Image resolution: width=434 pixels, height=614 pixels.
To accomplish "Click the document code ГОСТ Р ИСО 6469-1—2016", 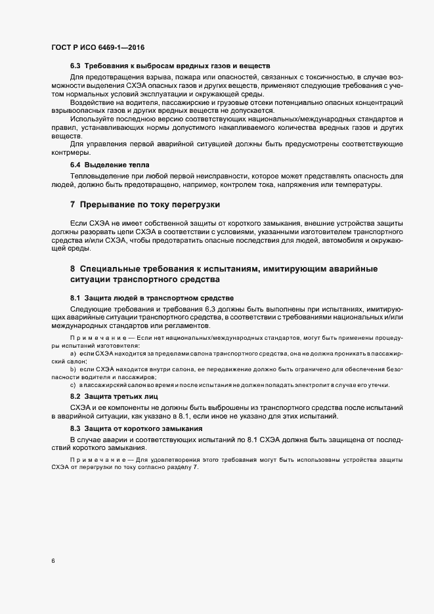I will point(98,47).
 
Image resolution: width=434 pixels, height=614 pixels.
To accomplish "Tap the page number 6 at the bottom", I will point(53,562).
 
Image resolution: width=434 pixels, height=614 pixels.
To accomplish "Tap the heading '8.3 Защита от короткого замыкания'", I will point(131,428).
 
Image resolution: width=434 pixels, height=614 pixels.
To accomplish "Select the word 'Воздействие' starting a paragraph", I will point(92,103).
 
